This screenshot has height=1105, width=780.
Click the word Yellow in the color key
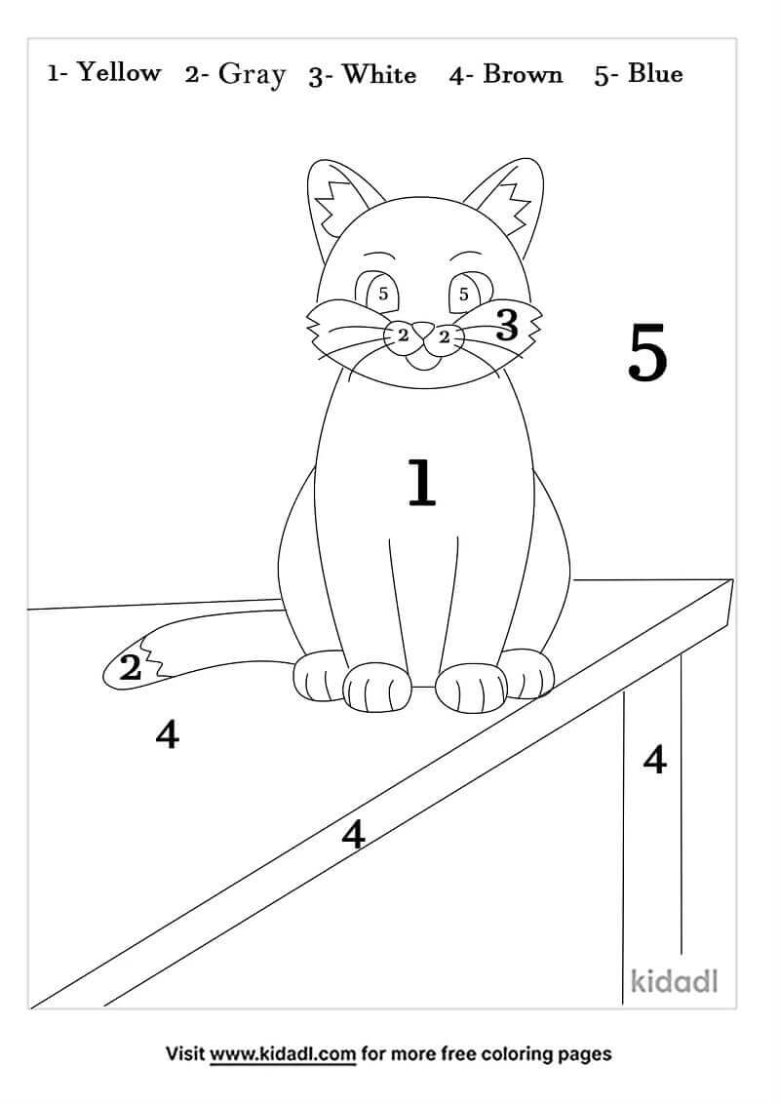(118, 73)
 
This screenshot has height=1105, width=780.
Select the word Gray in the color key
(252, 75)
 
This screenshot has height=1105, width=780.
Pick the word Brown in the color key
(523, 75)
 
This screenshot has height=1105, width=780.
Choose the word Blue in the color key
(655, 74)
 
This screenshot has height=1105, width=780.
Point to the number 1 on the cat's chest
(421, 484)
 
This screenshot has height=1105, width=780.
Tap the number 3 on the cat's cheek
(506, 325)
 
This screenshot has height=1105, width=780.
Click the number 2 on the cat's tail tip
(131, 669)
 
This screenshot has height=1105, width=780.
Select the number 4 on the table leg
(654, 758)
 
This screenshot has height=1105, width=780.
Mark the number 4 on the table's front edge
(353, 834)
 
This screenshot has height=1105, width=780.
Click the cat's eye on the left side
(379, 292)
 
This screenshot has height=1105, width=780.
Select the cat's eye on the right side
(465, 292)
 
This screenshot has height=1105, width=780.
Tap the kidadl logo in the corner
(674, 980)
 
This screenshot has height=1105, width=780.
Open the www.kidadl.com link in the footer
(283, 1054)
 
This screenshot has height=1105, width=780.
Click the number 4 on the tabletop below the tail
(167, 734)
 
